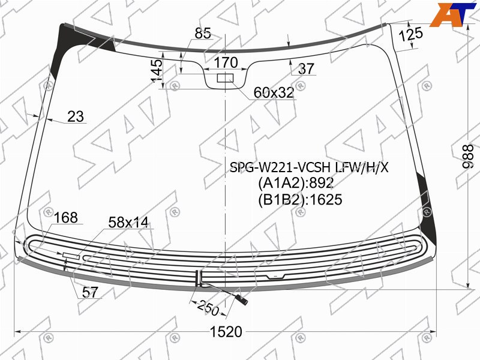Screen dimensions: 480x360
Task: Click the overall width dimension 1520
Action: coord(226,332)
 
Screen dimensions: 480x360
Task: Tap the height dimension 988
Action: coord(467,157)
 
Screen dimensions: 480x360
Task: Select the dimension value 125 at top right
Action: coord(411,34)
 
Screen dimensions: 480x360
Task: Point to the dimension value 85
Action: coord(203,33)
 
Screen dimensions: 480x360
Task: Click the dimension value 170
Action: coord(226,63)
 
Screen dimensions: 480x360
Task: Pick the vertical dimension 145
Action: coord(157,71)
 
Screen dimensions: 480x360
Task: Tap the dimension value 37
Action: coord(306,69)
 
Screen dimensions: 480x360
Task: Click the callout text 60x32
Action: coord(274,93)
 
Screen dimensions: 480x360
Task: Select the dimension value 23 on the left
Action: coord(76,116)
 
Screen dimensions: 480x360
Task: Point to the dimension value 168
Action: coord(66,218)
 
